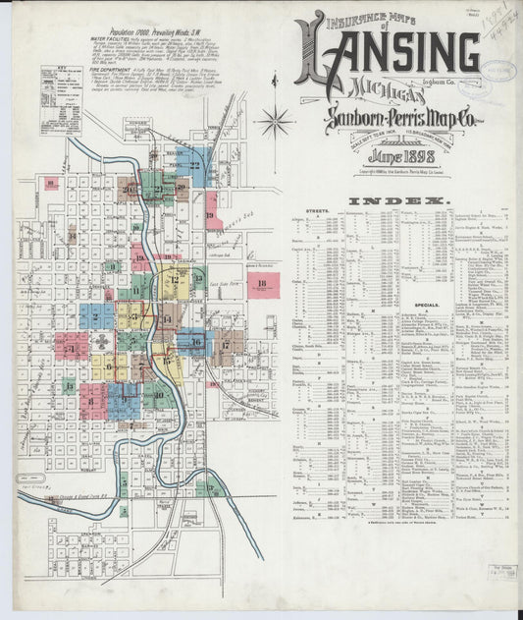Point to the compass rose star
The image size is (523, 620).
274,122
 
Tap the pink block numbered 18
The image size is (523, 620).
261,285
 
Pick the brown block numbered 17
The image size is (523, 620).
225,346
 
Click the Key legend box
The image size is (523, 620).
60,100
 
